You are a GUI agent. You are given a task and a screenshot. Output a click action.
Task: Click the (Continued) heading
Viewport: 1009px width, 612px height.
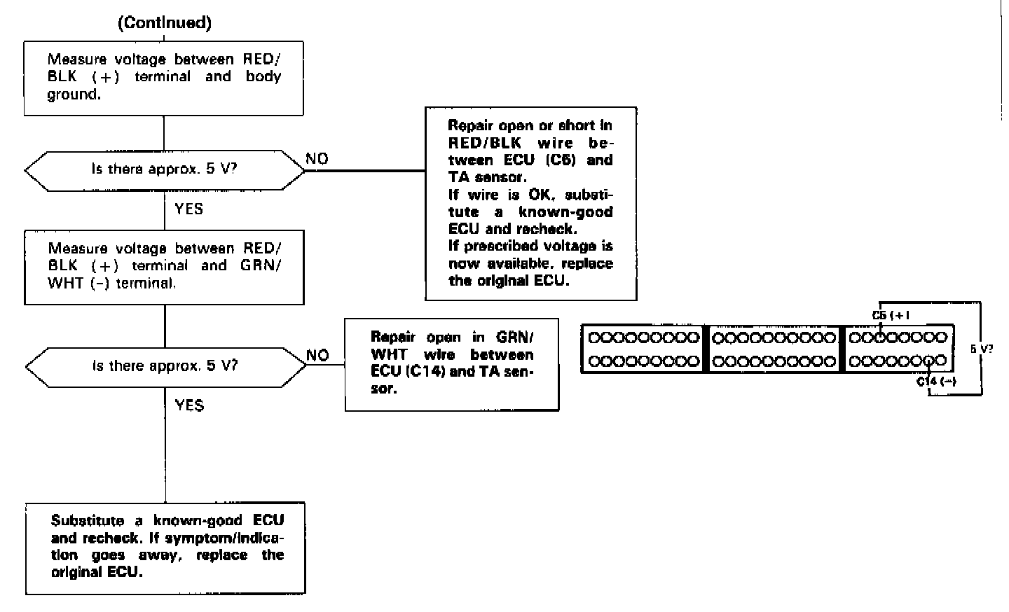tap(165, 22)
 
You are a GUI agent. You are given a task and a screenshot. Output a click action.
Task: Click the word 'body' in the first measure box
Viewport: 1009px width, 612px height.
tap(263, 76)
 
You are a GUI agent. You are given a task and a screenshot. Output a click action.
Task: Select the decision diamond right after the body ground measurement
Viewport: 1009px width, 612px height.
tap(165, 169)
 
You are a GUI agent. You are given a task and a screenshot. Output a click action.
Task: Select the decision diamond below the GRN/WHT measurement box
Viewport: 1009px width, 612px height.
tap(165, 366)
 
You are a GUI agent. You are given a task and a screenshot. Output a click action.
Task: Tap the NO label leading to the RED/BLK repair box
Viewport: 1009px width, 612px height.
tap(317, 159)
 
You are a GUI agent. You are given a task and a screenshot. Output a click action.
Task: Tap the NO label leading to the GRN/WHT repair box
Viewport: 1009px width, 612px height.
tap(317, 355)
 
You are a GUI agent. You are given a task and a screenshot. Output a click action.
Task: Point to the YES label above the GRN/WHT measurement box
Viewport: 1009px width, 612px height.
tap(188, 209)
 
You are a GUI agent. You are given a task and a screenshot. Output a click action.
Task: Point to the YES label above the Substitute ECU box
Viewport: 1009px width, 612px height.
tap(188, 405)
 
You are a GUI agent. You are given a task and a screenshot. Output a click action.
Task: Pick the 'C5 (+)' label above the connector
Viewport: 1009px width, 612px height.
tap(890, 315)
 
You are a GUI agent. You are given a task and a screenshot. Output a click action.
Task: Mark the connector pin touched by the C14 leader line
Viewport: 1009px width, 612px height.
tap(929, 361)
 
